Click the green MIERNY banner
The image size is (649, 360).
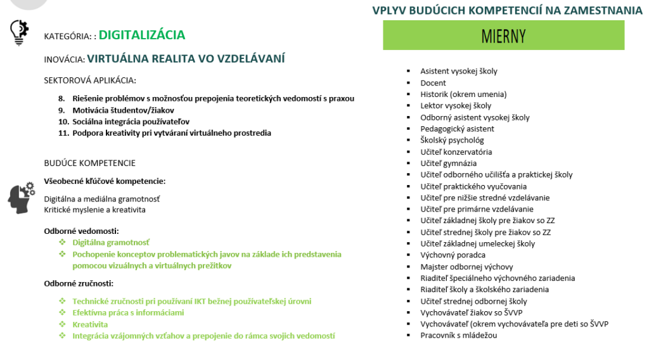503,35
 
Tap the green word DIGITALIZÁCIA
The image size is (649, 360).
142,35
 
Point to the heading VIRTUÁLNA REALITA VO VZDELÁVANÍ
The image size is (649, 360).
186,59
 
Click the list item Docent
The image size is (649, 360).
433,83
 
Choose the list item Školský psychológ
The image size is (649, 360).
452,140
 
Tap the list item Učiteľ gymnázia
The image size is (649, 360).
448,163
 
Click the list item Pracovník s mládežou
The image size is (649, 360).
459,335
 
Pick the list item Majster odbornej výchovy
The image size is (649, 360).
466,267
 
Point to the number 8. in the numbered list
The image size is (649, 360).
61,99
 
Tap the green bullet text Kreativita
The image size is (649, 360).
90,325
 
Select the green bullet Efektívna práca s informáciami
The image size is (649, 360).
128,313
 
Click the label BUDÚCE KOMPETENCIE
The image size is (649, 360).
89,164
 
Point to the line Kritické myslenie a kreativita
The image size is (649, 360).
94,210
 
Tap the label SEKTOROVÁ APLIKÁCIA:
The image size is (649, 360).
90,80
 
